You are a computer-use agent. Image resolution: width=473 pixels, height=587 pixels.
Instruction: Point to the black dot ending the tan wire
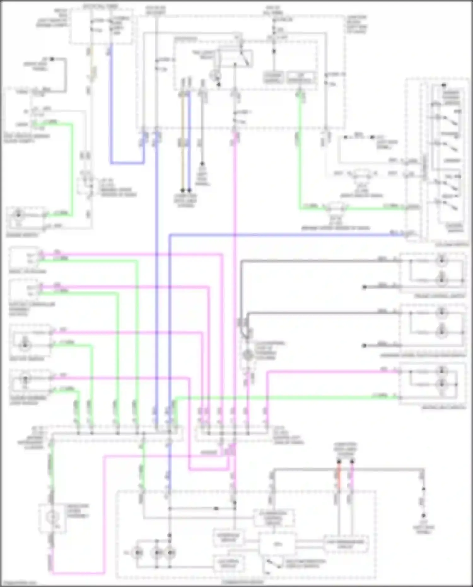pyautogui.click(x=183, y=191)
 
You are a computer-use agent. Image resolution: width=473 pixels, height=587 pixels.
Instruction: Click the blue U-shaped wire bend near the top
pyautogui.click(x=126, y=163)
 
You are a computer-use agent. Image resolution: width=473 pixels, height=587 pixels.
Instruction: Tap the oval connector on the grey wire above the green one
pyautogui.click(x=360, y=173)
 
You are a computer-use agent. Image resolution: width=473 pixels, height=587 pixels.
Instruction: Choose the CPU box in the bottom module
pyautogui.click(x=277, y=543)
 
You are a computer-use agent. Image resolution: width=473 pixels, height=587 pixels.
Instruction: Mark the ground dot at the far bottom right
pyautogui.click(x=423, y=515)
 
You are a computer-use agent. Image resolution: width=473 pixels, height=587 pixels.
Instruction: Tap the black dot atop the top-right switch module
pyautogui.click(x=444, y=85)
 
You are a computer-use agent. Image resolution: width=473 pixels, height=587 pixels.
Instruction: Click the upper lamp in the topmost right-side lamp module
pyautogui.click(x=442, y=261)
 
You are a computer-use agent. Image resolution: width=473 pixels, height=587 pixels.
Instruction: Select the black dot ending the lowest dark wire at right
pyautogui.click(x=364, y=346)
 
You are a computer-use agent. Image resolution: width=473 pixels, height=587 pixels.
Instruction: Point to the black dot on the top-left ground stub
pyautogui.click(x=52, y=59)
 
